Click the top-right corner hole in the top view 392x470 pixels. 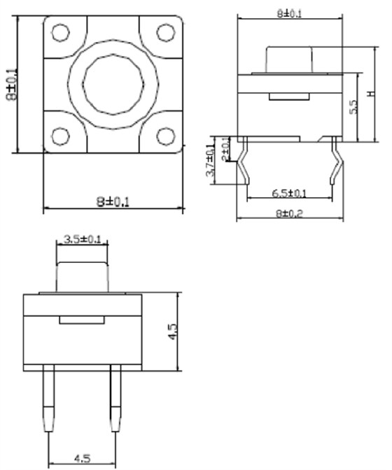pyautogui.click(x=165, y=31)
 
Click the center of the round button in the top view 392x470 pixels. pyautogui.click(x=113, y=83)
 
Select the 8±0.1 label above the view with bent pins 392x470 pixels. pyautogui.click(x=290, y=13)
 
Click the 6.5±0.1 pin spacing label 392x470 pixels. pyautogui.click(x=290, y=193)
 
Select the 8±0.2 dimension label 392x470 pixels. pyautogui.click(x=290, y=213)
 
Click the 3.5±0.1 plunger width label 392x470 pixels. pyautogui.click(x=83, y=239)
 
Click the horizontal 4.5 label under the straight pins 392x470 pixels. pyautogui.click(x=83, y=460)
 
